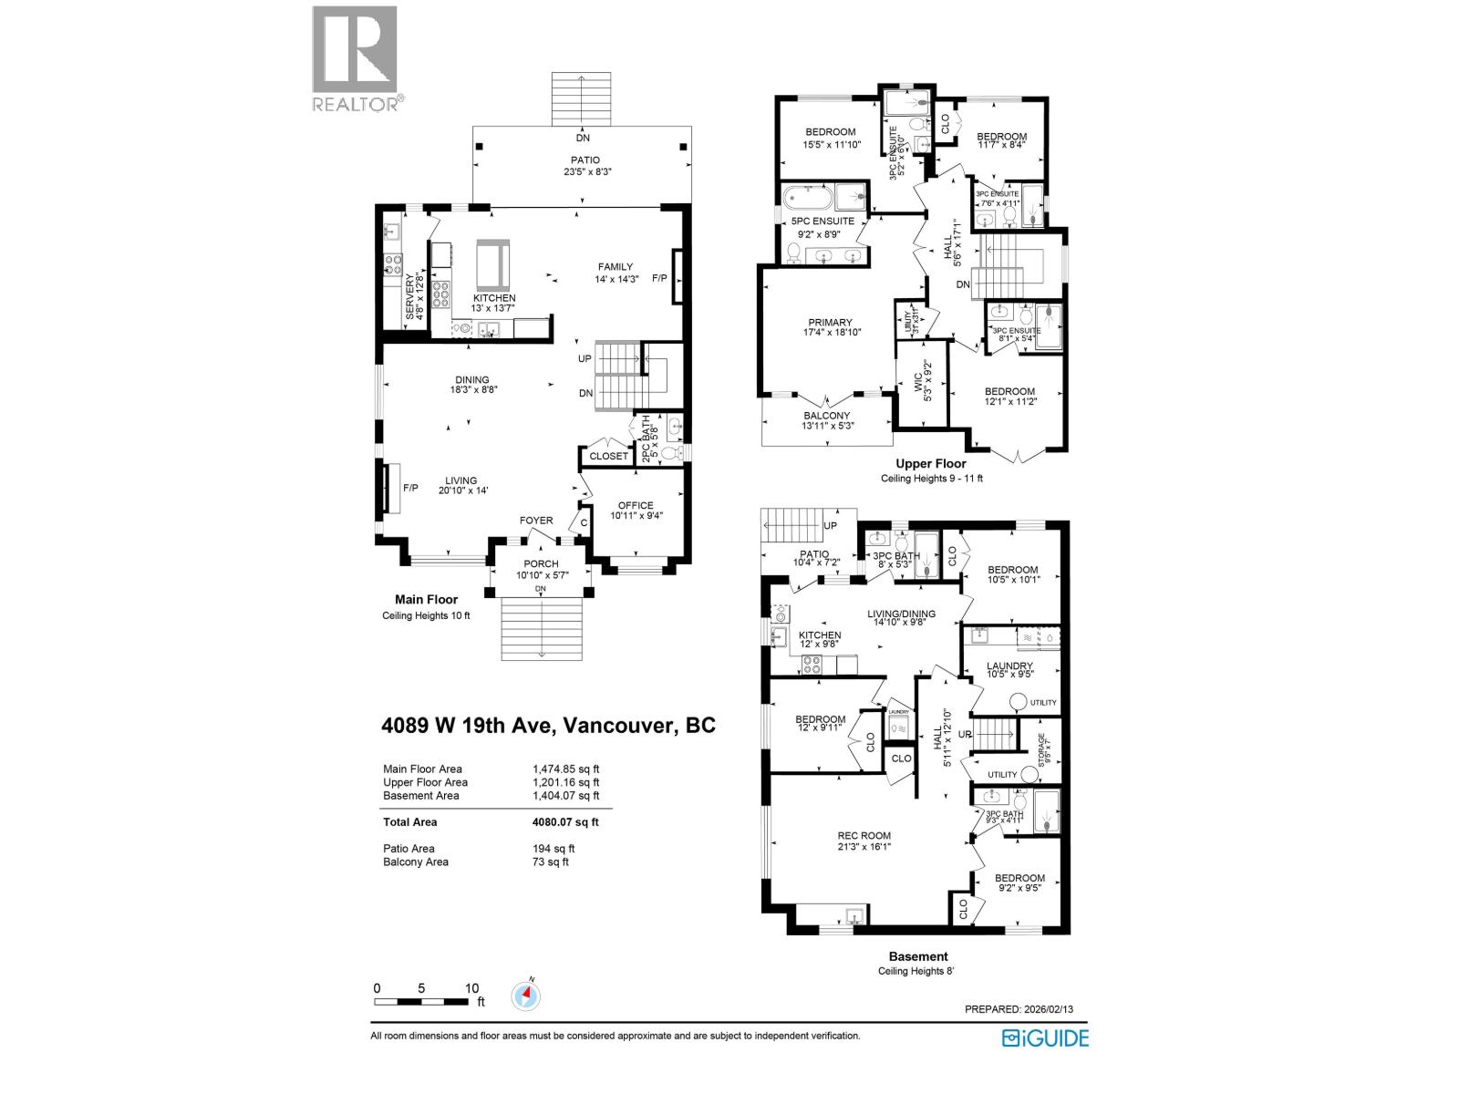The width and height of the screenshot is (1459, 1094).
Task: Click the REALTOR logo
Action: [x=356, y=59]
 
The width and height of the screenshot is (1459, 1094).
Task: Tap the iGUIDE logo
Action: [x=1045, y=1037]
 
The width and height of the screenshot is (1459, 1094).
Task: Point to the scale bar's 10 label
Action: [x=471, y=988]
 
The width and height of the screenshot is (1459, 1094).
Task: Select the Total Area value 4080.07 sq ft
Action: [x=565, y=821]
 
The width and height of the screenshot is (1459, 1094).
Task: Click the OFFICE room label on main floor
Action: [x=636, y=505]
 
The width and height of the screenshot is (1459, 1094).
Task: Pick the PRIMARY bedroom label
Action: [x=830, y=322]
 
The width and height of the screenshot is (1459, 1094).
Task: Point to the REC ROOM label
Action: [x=864, y=835]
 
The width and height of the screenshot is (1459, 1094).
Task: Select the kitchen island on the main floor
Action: [x=494, y=264]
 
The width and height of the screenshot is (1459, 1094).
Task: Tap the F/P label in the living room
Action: [x=410, y=488]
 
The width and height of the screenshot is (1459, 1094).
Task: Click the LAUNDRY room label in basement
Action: [x=1009, y=666]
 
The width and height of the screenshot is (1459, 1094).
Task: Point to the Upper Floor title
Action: [x=931, y=463]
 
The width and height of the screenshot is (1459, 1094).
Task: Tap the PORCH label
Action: [x=541, y=563]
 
